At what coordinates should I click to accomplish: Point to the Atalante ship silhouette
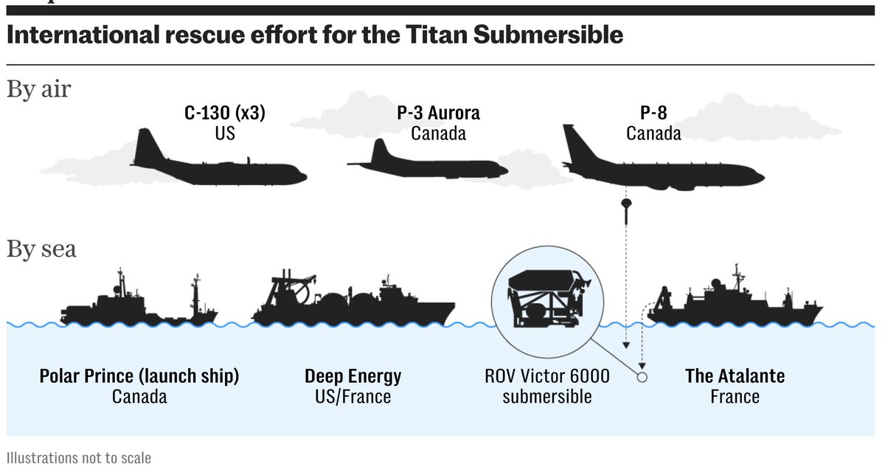point(734,306)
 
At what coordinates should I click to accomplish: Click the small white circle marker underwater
point(642,377)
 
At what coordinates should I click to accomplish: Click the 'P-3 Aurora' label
point(438,114)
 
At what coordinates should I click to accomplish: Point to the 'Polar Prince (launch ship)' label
point(139,376)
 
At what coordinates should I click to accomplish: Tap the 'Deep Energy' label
point(353,376)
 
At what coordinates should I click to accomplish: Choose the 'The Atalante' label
point(735,376)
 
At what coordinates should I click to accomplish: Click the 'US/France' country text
point(353,397)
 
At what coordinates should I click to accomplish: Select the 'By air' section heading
point(38,89)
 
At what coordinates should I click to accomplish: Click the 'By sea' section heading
point(41,249)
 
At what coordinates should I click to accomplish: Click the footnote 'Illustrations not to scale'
point(79,458)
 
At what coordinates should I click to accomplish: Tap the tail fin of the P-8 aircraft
point(574,140)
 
